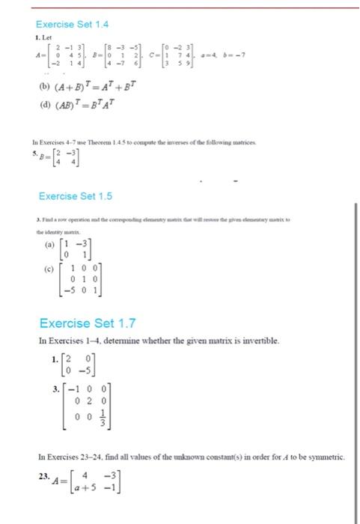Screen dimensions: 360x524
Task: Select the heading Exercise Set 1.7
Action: coord(88,323)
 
